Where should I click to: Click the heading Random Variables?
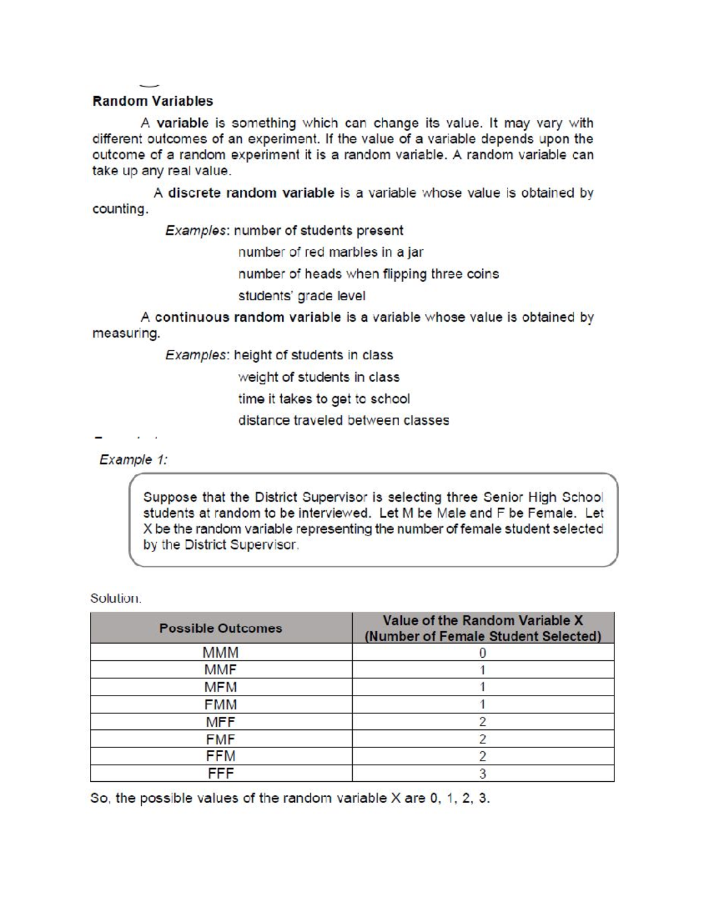pos(152,101)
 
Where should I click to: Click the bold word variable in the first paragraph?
pos(183,123)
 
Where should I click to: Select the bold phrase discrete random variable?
pos(251,193)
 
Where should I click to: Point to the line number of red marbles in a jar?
pos(330,252)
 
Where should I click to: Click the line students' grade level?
pos(301,295)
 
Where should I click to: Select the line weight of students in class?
pos(318,377)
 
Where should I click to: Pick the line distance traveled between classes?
pos(343,420)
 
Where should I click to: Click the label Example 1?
pos(134,459)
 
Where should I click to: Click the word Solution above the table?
pos(116,598)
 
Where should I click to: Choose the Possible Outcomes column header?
pos(220,628)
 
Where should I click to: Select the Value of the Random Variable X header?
pos(482,621)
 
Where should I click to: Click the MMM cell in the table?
pos(220,652)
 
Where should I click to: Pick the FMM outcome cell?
pos(220,704)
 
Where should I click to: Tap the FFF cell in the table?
pos(220,774)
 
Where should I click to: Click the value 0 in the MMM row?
pos(482,652)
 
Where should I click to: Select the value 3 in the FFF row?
pos(482,774)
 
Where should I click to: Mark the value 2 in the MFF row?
pos(482,722)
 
